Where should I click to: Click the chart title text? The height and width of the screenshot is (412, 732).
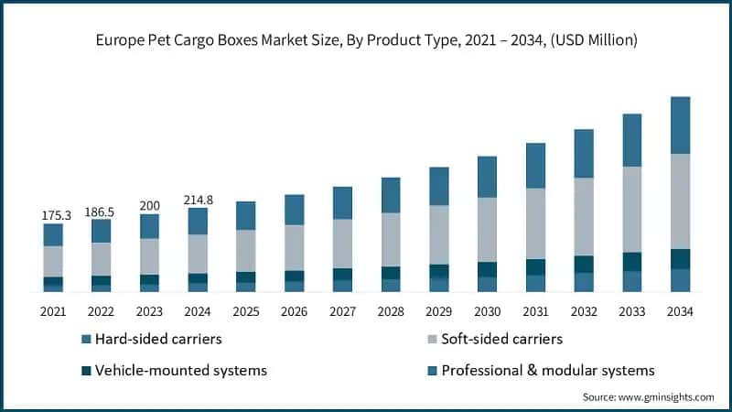[366, 41]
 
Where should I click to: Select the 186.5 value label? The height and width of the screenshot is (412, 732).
[102, 211]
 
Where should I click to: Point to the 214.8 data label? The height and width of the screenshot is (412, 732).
[197, 199]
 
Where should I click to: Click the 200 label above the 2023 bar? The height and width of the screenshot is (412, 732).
[149, 205]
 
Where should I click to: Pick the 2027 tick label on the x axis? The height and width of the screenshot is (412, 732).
[341, 311]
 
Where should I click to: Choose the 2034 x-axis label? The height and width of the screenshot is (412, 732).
[679, 311]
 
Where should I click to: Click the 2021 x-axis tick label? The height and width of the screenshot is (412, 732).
[53, 311]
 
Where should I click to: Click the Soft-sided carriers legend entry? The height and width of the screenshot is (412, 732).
[501, 340]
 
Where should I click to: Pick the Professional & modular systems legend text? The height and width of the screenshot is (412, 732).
[548, 371]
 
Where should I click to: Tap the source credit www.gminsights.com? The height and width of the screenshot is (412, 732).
[648, 396]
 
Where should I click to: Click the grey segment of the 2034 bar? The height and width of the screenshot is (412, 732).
[679, 201]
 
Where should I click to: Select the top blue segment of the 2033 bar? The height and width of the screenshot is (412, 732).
[631, 140]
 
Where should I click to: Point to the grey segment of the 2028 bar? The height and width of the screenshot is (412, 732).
[390, 239]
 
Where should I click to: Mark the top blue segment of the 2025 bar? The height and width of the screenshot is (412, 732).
[245, 215]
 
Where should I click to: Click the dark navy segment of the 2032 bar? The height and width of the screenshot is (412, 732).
[584, 264]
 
